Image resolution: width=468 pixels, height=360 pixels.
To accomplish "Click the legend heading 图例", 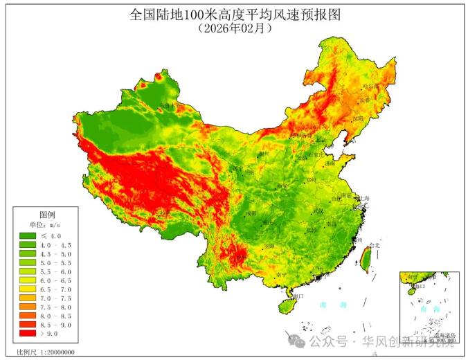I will click(47, 215).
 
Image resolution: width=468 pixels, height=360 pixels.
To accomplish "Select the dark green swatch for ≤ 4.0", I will click(28, 236).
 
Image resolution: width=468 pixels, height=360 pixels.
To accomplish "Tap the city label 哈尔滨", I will click(372, 87).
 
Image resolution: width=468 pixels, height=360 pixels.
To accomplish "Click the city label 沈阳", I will click(357, 118).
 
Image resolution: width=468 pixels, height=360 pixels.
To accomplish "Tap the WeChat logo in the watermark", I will click(296, 341).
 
